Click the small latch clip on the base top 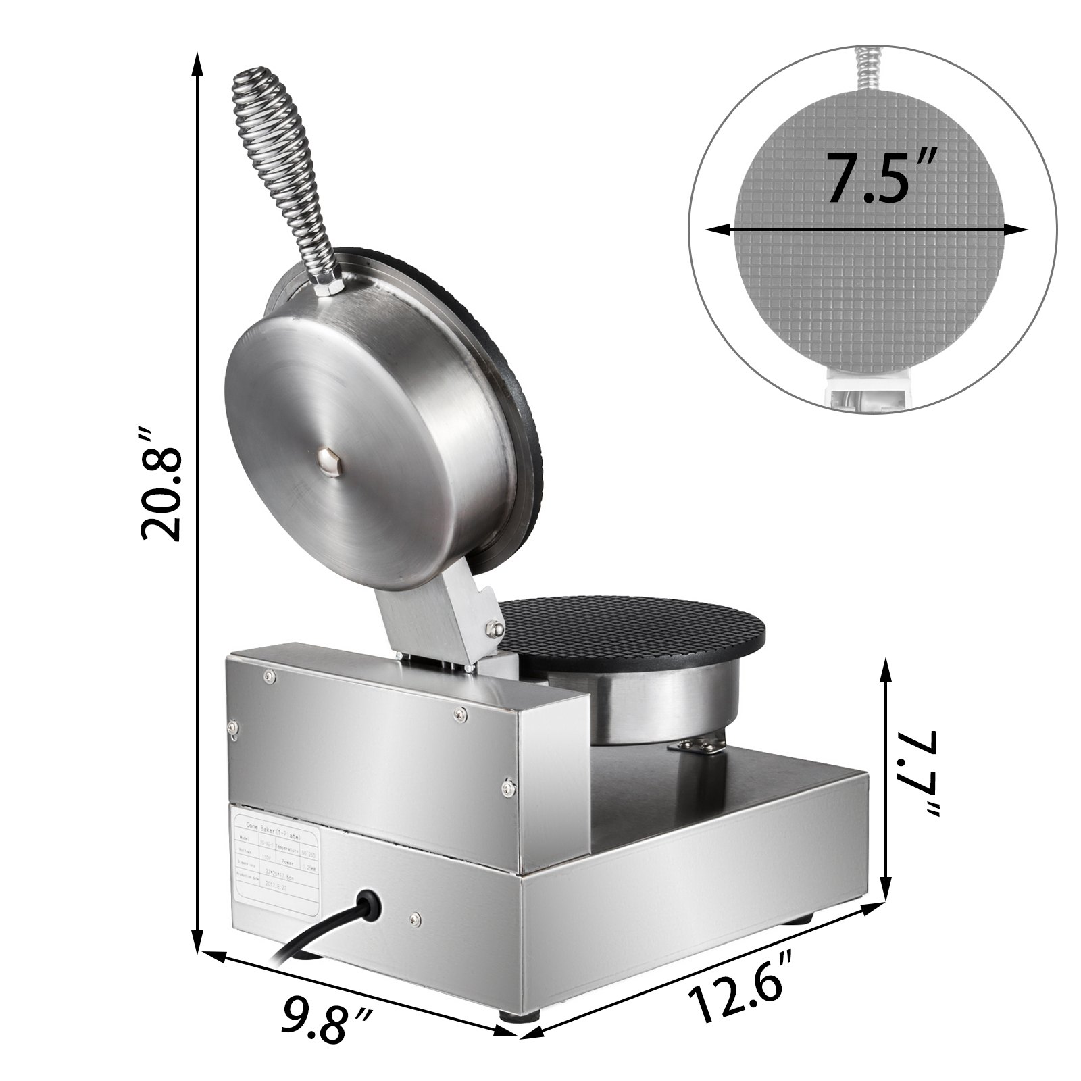click(698, 745)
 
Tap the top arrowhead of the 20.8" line click(197, 61)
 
